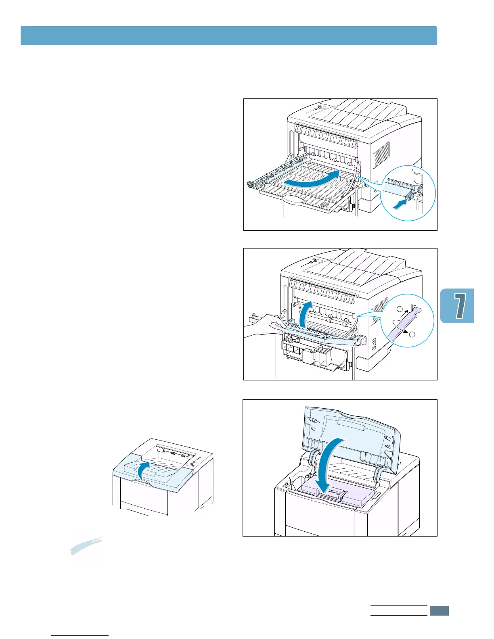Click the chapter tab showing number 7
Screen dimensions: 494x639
tap(457, 305)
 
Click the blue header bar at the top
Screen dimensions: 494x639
tap(229, 35)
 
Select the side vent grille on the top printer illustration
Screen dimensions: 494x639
tap(381, 155)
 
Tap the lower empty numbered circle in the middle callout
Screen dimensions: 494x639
tap(412, 334)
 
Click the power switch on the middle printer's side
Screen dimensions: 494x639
tap(374, 344)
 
